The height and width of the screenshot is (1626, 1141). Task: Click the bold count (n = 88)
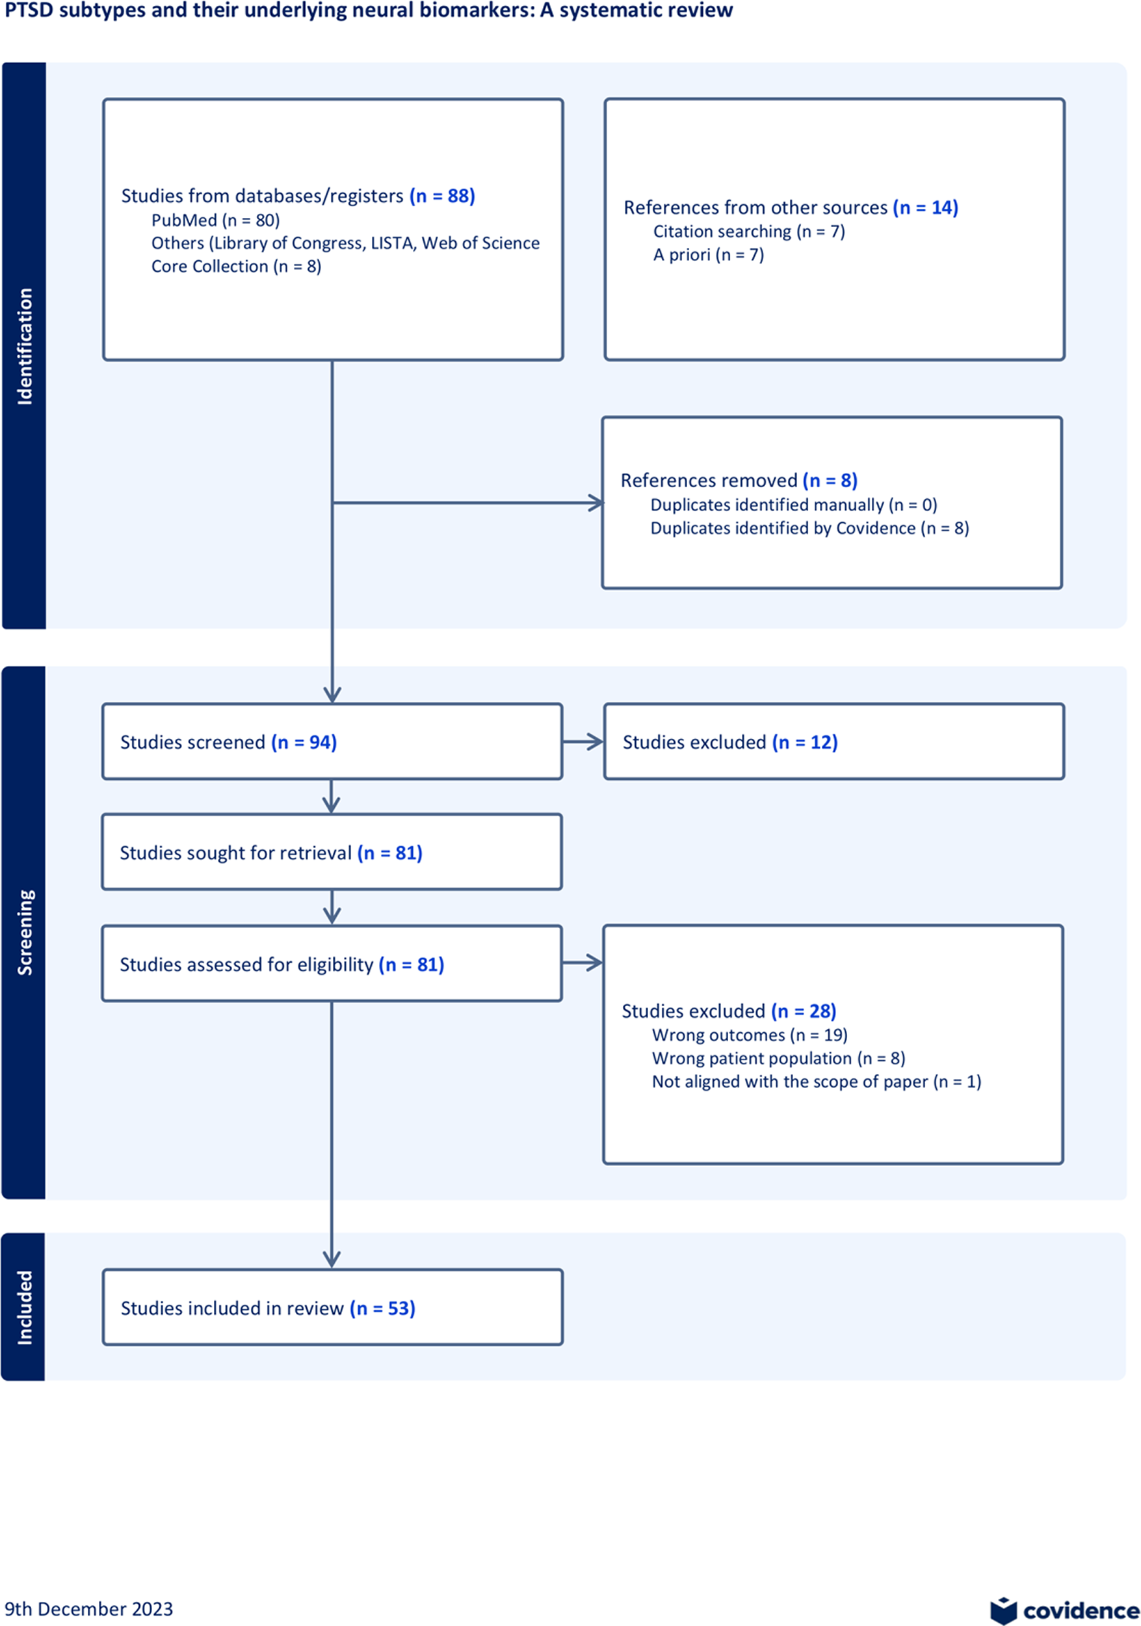coord(442,196)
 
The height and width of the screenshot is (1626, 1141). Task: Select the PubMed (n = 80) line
coord(216,220)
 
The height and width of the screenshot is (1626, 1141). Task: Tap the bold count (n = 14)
coord(925,207)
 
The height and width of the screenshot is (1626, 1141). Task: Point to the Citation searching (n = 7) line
coord(749,232)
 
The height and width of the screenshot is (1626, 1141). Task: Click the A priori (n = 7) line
coord(709,255)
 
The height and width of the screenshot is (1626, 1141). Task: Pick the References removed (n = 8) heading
coord(739,480)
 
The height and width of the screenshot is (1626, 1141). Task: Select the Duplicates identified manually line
coord(793,505)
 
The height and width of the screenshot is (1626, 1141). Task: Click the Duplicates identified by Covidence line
coord(809,528)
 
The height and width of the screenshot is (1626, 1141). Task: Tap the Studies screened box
coord(333,741)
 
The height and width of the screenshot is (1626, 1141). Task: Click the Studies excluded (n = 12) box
coord(833,741)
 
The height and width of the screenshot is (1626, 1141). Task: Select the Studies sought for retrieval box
coord(332,852)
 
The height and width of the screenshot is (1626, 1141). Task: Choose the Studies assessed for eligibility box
coord(332,963)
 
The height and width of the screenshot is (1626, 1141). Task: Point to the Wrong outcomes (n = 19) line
coord(750,1035)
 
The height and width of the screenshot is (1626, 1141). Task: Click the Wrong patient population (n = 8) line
coord(779,1058)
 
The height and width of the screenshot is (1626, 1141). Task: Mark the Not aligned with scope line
coord(817,1082)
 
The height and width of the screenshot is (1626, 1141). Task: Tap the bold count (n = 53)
coord(382,1308)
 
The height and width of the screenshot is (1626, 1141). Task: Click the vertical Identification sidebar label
coord(25,346)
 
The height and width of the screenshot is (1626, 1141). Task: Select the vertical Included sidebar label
coord(25,1307)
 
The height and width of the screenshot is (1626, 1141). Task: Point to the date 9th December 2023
coord(88,1609)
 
